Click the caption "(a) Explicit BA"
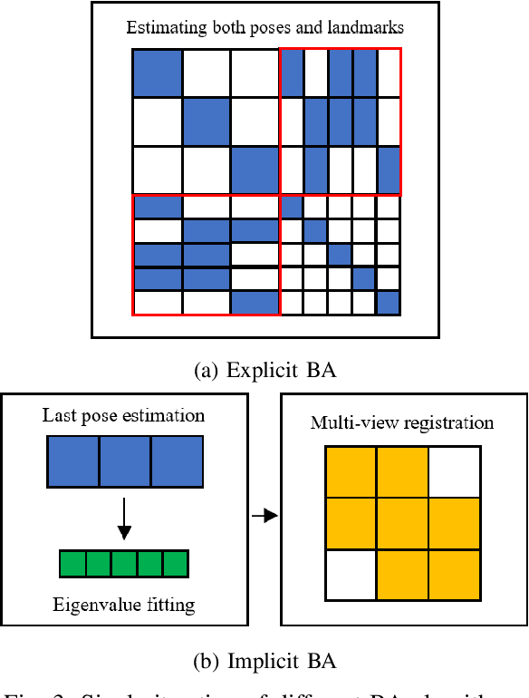click(x=264, y=370)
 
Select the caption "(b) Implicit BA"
click(x=264, y=661)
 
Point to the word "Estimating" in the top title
click(x=160, y=27)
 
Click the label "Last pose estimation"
click(x=123, y=416)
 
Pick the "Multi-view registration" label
click(x=402, y=422)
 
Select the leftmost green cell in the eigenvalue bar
click(x=72, y=564)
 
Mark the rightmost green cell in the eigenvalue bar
click(x=175, y=564)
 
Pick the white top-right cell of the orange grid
click(x=454, y=471)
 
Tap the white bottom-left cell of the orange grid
click(x=351, y=575)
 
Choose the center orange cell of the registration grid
click(x=402, y=523)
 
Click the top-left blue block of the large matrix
click(x=157, y=73)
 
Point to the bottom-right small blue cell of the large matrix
click(x=388, y=303)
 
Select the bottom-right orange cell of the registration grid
click(x=454, y=575)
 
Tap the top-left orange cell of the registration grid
click(x=351, y=471)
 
